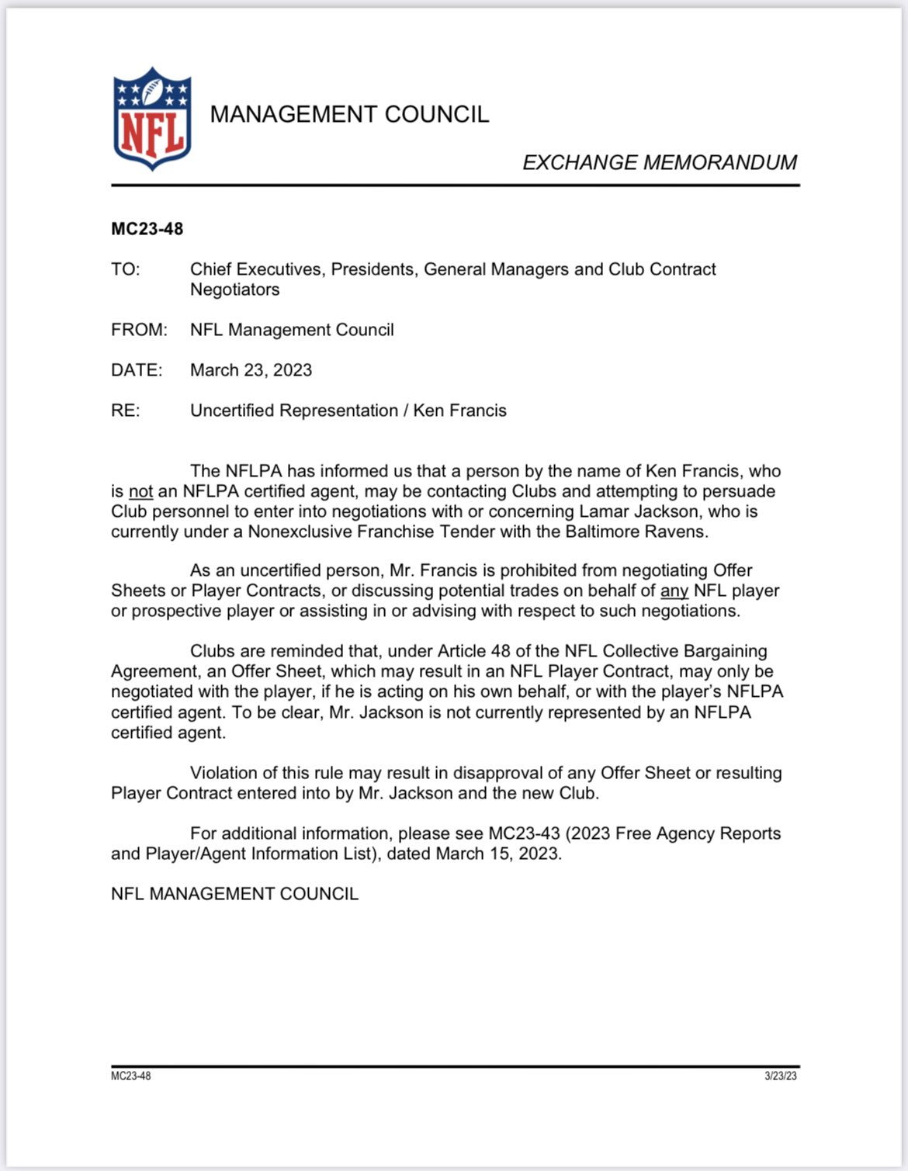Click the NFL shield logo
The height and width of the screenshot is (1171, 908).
coord(152,119)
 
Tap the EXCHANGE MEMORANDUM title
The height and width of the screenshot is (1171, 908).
coord(659,162)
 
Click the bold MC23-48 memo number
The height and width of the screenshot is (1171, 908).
coord(147,229)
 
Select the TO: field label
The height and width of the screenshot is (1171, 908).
coord(126,269)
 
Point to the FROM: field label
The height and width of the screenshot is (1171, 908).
coord(139,330)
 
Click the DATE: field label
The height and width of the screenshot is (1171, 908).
coord(137,370)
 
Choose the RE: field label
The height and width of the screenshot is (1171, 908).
coord(126,411)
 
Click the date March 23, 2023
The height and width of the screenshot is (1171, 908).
coord(251,370)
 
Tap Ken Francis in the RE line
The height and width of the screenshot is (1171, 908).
coord(459,411)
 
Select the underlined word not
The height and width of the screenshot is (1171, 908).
coord(140,491)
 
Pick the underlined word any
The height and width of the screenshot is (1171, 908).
coord(674,591)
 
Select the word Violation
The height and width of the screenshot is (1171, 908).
coord(226,773)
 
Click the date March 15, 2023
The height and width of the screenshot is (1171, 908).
coord(497,854)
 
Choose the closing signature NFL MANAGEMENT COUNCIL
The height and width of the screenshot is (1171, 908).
coord(234,894)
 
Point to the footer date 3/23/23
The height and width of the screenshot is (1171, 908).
coord(781,1076)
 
